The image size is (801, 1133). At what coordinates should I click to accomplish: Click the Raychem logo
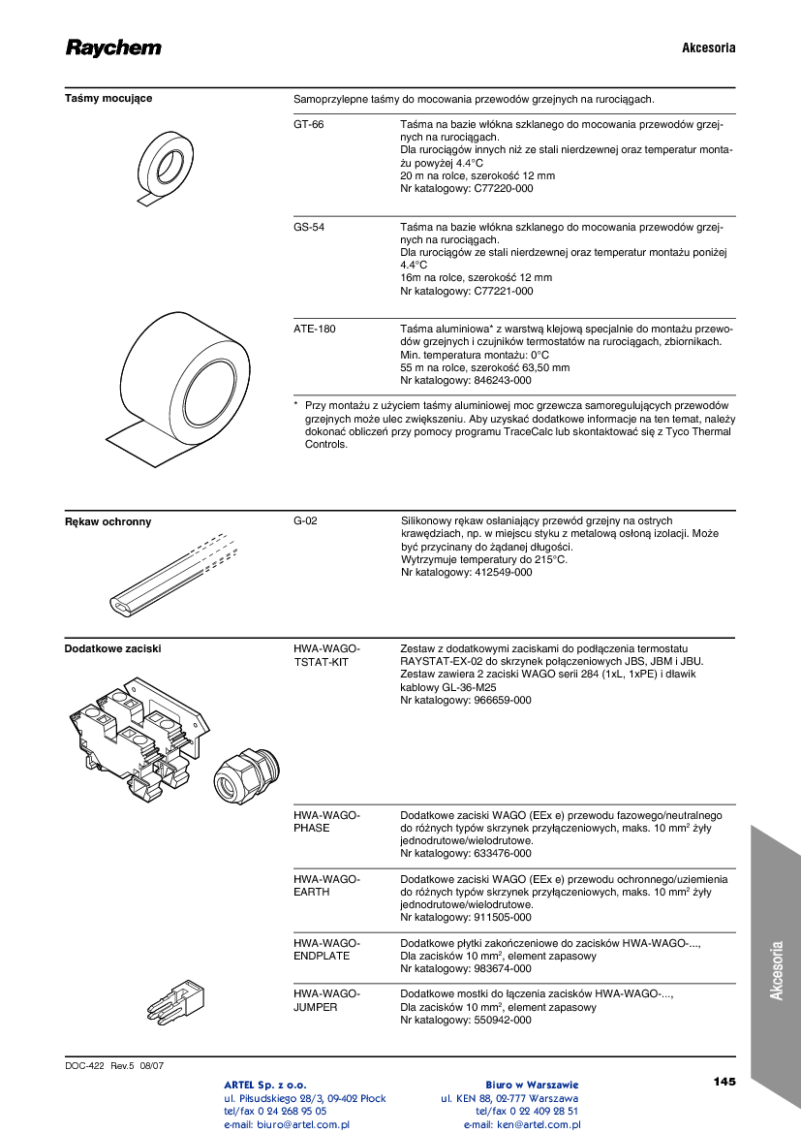click(x=113, y=48)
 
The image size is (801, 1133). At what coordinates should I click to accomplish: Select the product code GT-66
click(x=309, y=125)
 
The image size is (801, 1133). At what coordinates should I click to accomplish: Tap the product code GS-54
click(x=309, y=227)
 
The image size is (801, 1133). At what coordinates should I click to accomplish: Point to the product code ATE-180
click(x=315, y=330)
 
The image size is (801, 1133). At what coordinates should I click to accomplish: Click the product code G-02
click(x=305, y=520)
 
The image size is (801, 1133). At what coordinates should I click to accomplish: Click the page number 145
click(x=724, y=1081)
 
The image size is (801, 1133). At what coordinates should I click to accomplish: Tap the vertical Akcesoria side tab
click(x=776, y=969)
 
